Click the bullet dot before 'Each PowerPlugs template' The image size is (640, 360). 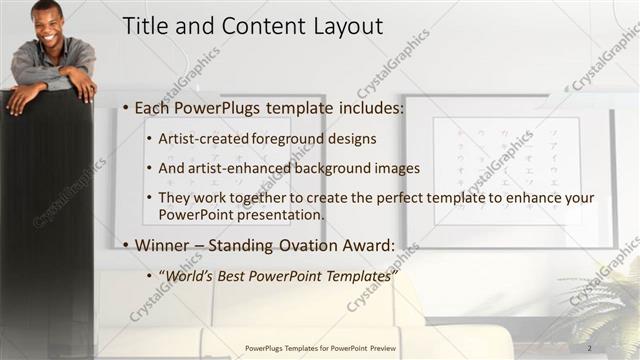(124, 107)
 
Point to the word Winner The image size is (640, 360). (163, 245)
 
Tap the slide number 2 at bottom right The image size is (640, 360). (590, 347)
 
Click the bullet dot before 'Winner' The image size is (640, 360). (124, 245)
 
